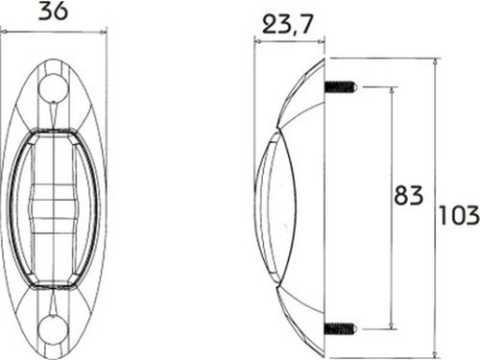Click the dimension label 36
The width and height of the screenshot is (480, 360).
53,12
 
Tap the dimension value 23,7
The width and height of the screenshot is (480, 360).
287,24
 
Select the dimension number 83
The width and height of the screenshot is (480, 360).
409,195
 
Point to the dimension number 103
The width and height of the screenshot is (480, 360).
459,215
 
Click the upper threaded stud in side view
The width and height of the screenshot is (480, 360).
340,86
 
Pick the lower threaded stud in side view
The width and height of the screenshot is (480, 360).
340,328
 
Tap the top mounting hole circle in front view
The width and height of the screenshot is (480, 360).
53,87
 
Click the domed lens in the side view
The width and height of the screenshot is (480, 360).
276,208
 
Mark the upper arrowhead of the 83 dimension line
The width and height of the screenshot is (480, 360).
392,90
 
